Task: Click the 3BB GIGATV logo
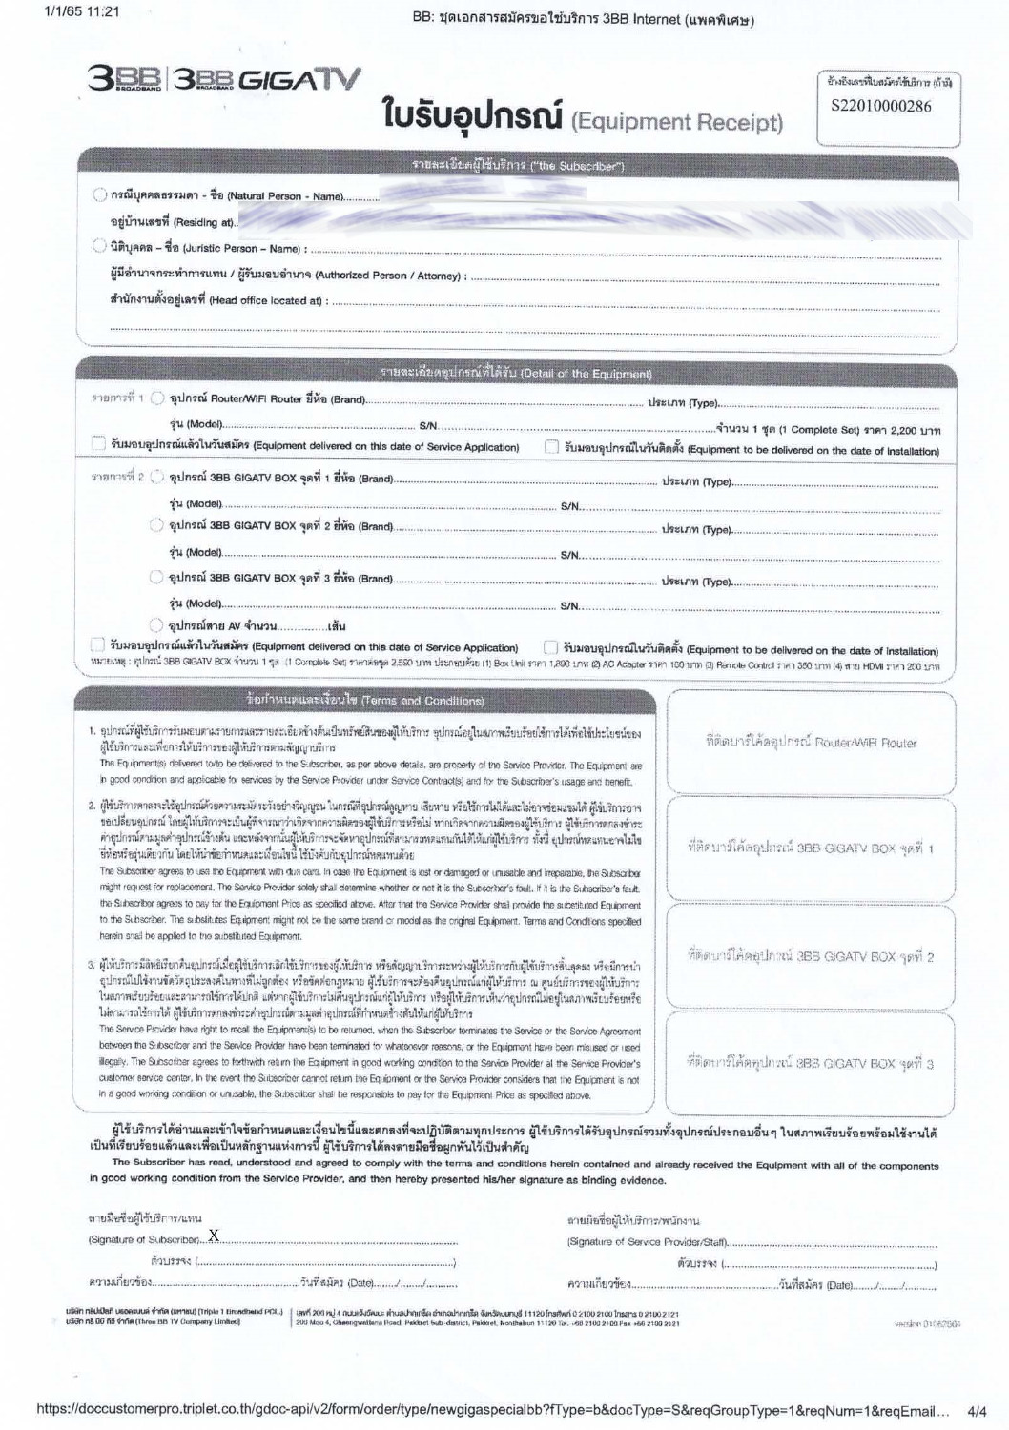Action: tap(224, 79)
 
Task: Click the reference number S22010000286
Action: tap(881, 106)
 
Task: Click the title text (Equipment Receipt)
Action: tap(676, 122)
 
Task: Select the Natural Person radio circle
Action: tap(99, 195)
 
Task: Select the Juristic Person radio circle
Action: tap(99, 246)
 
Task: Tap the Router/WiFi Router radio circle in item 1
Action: tap(157, 398)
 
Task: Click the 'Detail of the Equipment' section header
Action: tap(516, 373)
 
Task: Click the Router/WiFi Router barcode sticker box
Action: tap(811, 743)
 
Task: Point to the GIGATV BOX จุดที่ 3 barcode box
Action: tap(811, 1062)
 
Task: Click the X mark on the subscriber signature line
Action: tap(214, 1236)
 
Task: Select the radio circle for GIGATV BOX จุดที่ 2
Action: tap(157, 525)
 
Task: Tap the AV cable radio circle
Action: tap(157, 625)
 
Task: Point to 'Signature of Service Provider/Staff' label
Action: tap(648, 1241)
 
